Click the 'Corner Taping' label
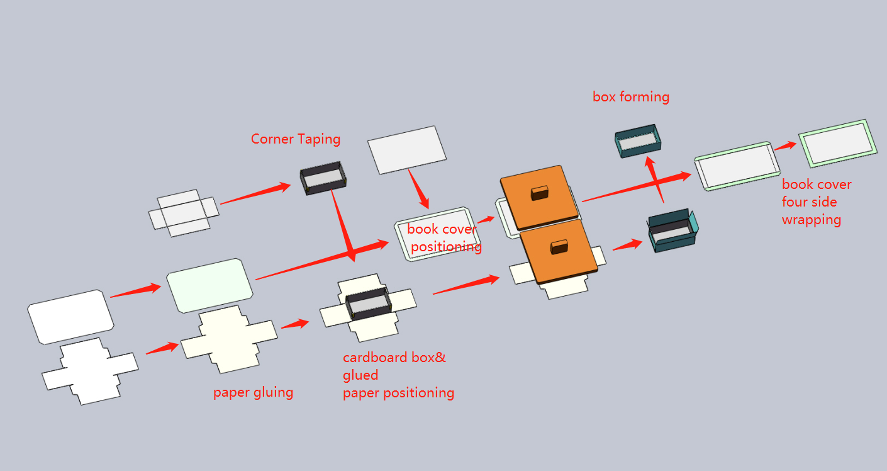296,139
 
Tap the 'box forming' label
631,97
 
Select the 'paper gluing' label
253,392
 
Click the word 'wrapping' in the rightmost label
812,220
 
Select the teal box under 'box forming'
638,140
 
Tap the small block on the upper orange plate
540,192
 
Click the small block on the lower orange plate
559,246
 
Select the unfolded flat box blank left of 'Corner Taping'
183,213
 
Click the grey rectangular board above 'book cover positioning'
406,149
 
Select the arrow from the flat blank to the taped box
255,194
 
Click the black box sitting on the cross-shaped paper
367,305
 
